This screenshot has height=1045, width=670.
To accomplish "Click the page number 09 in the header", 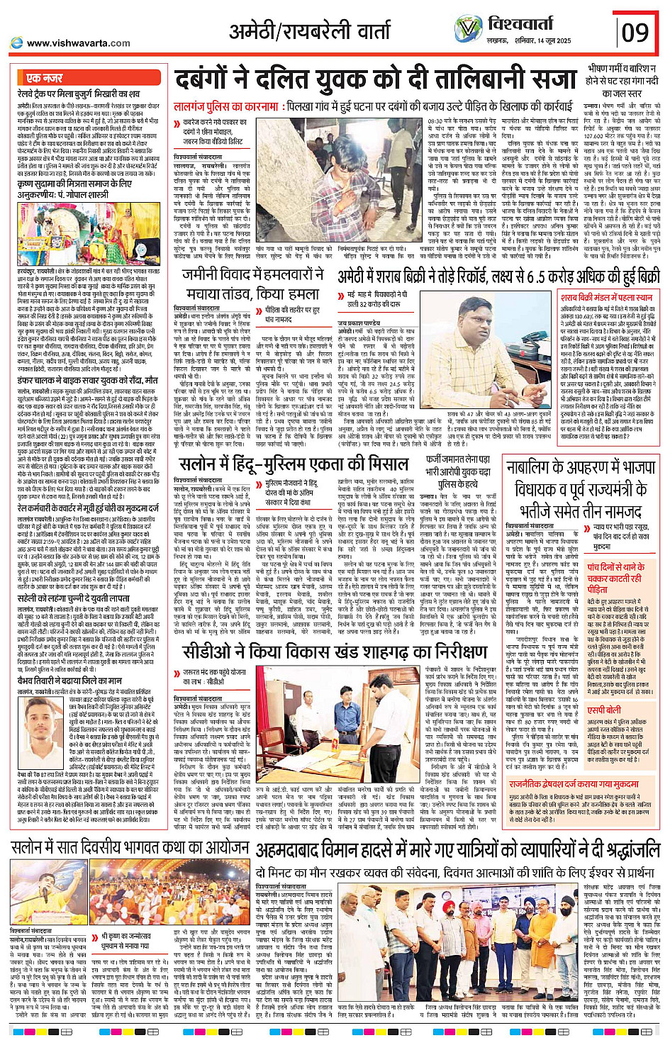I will pos(635,32).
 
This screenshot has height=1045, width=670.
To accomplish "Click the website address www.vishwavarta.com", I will pos(78,43).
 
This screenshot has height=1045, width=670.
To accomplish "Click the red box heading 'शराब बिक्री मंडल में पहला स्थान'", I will pos(605,297).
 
